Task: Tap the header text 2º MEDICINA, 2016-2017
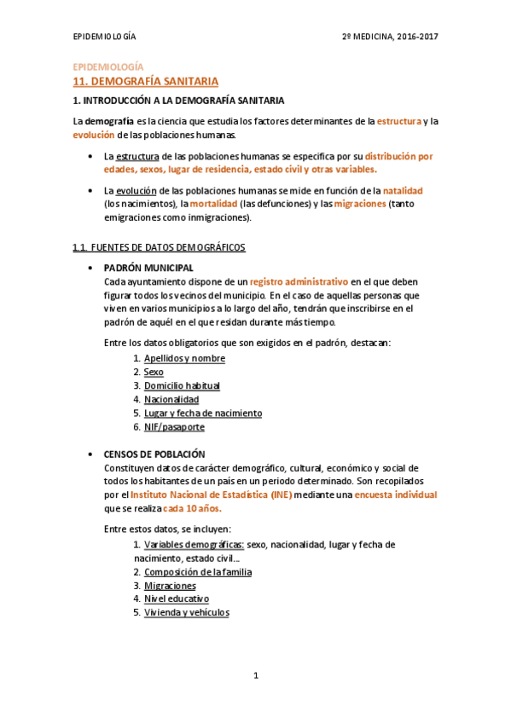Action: [390, 38]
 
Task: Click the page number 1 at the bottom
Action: [255, 675]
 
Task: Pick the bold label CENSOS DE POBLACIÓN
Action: [154, 454]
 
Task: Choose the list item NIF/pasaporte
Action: [174, 426]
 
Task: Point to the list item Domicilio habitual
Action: [182, 385]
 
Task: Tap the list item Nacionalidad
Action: [171, 399]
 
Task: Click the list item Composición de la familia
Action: [198, 572]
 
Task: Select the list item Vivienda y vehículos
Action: [186, 612]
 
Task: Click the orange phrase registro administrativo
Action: [299, 281]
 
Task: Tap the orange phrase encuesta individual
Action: [396, 495]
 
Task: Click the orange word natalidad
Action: [403, 191]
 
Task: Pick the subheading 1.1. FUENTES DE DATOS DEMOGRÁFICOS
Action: [159, 247]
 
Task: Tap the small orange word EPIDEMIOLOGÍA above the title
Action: [107, 67]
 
